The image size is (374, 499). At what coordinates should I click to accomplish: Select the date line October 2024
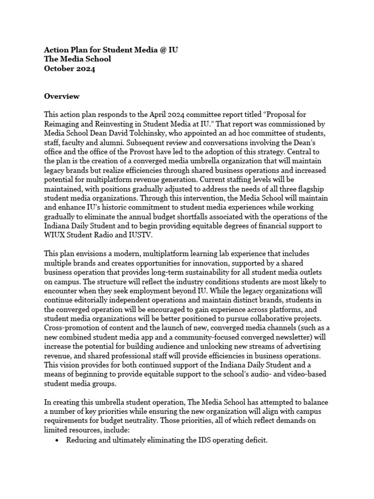click(x=70, y=69)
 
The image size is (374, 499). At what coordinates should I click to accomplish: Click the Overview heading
click(x=62, y=96)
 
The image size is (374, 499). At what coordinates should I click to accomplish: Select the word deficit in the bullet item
click(x=255, y=440)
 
